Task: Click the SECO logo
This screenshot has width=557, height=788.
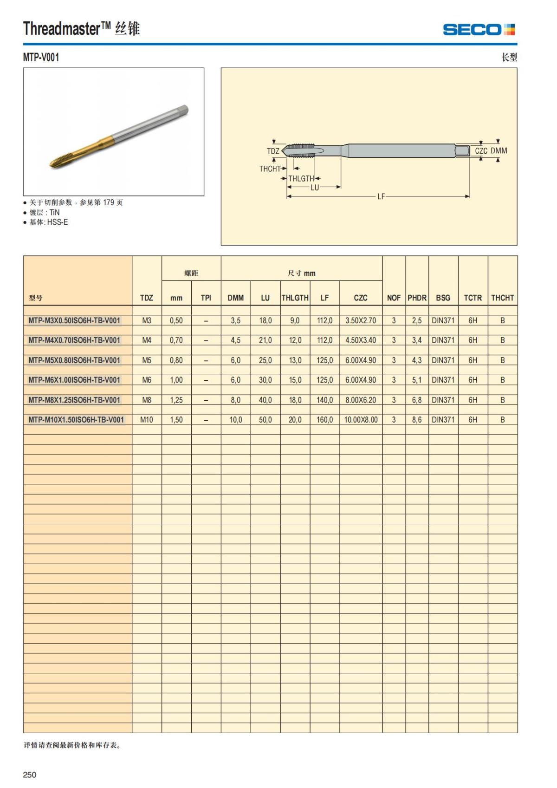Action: click(479, 30)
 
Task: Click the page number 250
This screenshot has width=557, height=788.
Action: click(30, 775)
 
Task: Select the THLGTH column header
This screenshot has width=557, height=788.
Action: click(295, 298)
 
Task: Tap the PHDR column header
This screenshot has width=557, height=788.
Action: click(417, 298)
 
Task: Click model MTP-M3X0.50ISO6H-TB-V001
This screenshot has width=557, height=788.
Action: click(74, 320)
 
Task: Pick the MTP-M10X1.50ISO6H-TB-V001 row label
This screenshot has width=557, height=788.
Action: click(76, 420)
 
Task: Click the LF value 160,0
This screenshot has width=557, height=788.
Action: click(324, 420)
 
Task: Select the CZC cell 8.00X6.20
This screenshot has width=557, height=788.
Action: click(361, 400)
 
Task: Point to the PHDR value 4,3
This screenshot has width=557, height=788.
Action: click(417, 360)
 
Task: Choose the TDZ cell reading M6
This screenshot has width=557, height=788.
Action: click(147, 380)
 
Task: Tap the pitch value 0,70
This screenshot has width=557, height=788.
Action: click(176, 340)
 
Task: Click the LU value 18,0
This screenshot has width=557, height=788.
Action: click(265, 320)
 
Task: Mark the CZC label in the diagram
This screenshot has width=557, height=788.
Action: click(481, 151)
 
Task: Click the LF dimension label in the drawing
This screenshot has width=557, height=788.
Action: click(381, 196)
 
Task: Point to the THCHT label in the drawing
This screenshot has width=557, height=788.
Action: click(270, 169)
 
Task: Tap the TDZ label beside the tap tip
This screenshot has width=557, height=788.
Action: click(273, 151)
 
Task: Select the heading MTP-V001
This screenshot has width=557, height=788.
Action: click(41, 58)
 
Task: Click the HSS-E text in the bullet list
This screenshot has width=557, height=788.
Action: click(58, 222)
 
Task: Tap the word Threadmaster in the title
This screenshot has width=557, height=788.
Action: click(62, 29)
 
